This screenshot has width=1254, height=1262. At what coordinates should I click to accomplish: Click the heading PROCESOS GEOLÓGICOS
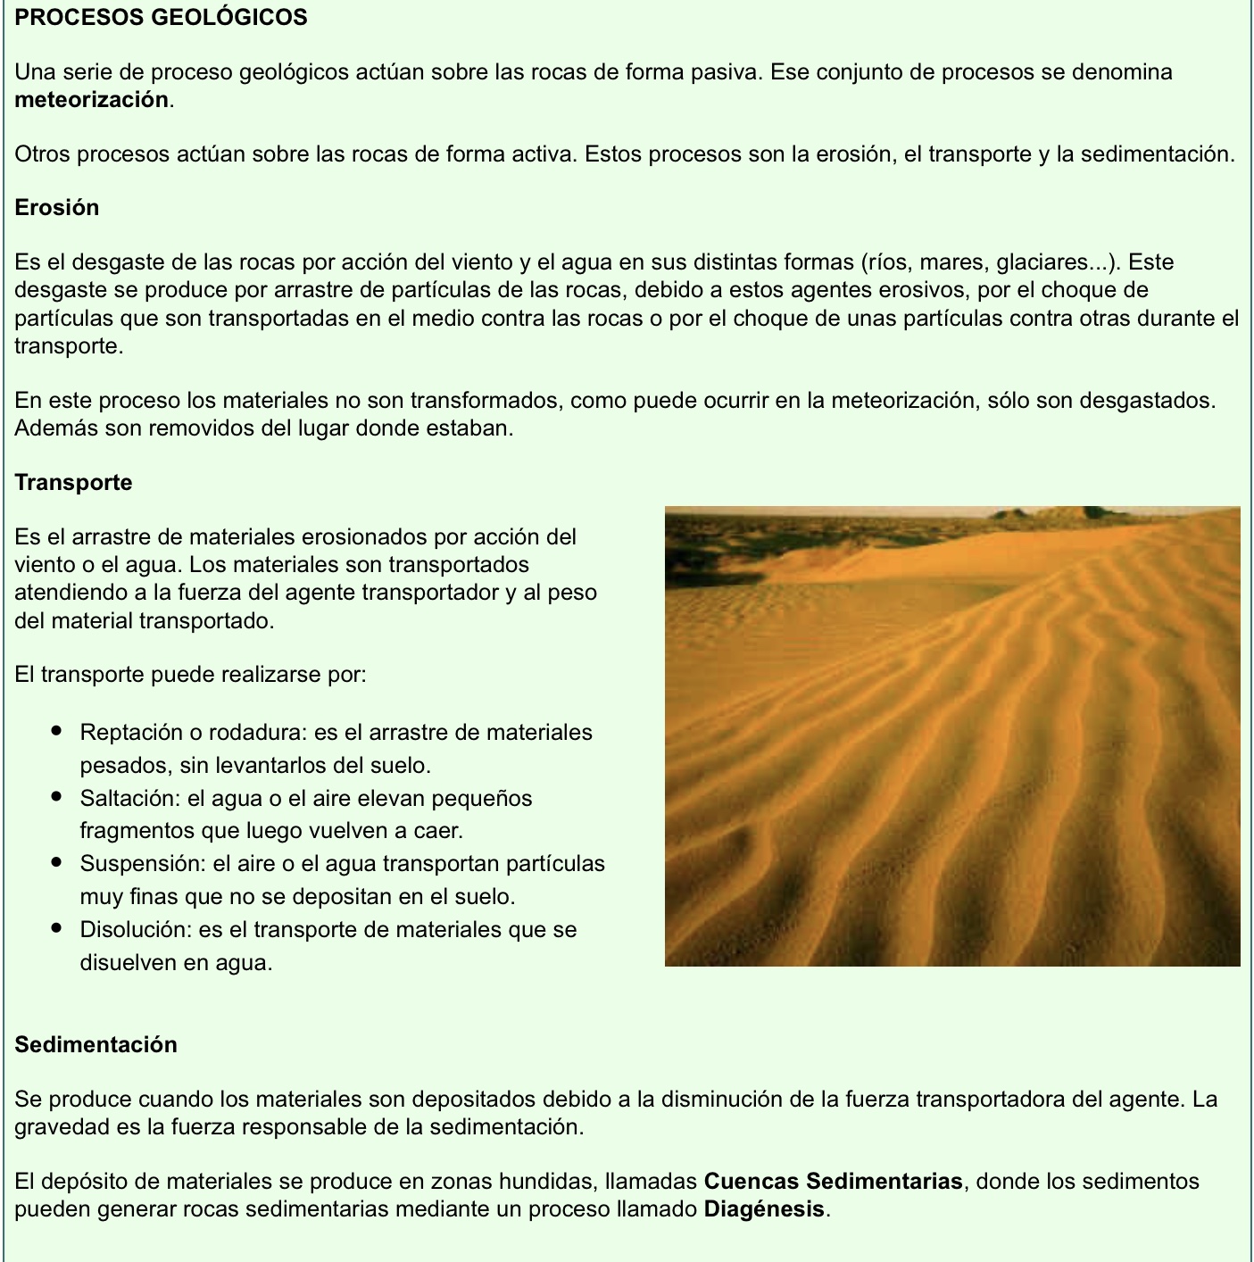161,17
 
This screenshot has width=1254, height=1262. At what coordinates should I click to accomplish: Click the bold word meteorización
91,100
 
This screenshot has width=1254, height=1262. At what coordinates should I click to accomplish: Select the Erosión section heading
56,208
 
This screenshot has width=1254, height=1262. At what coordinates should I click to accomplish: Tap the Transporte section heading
73,483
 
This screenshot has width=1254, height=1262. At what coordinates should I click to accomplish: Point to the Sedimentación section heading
96,1045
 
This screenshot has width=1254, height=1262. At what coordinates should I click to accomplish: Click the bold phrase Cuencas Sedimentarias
833,1182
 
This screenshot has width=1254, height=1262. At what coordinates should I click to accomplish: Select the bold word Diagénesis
763,1210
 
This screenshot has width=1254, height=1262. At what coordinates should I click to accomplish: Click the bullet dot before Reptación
57,732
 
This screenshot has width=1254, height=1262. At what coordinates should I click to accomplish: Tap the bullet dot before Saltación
57,797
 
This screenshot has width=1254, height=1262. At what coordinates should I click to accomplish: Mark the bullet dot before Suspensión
57,863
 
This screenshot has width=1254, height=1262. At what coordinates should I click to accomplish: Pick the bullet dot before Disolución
57,929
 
